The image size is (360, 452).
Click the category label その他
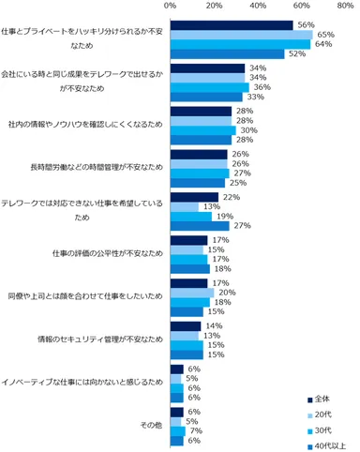tap(150, 424)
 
